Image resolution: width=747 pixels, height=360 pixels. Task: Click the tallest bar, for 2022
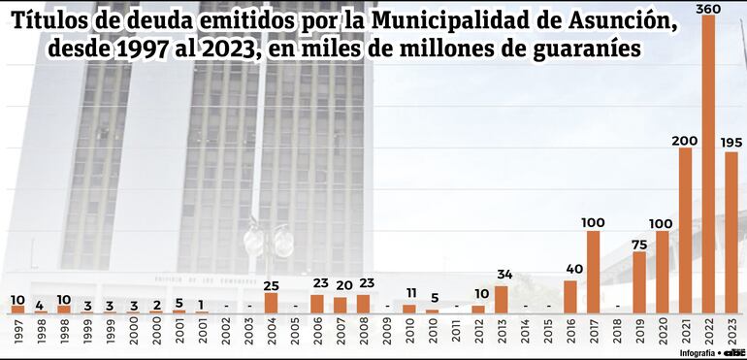click(708, 165)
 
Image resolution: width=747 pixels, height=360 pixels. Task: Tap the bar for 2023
click(731, 233)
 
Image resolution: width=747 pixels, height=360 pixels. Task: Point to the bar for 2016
click(569, 297)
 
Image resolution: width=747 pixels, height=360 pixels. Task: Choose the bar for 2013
click(501, 299)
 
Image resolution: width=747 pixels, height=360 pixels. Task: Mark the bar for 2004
click(271, 303)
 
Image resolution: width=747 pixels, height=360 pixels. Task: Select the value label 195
click(731, 143)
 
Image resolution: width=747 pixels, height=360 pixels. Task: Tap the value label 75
click(639, 244)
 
